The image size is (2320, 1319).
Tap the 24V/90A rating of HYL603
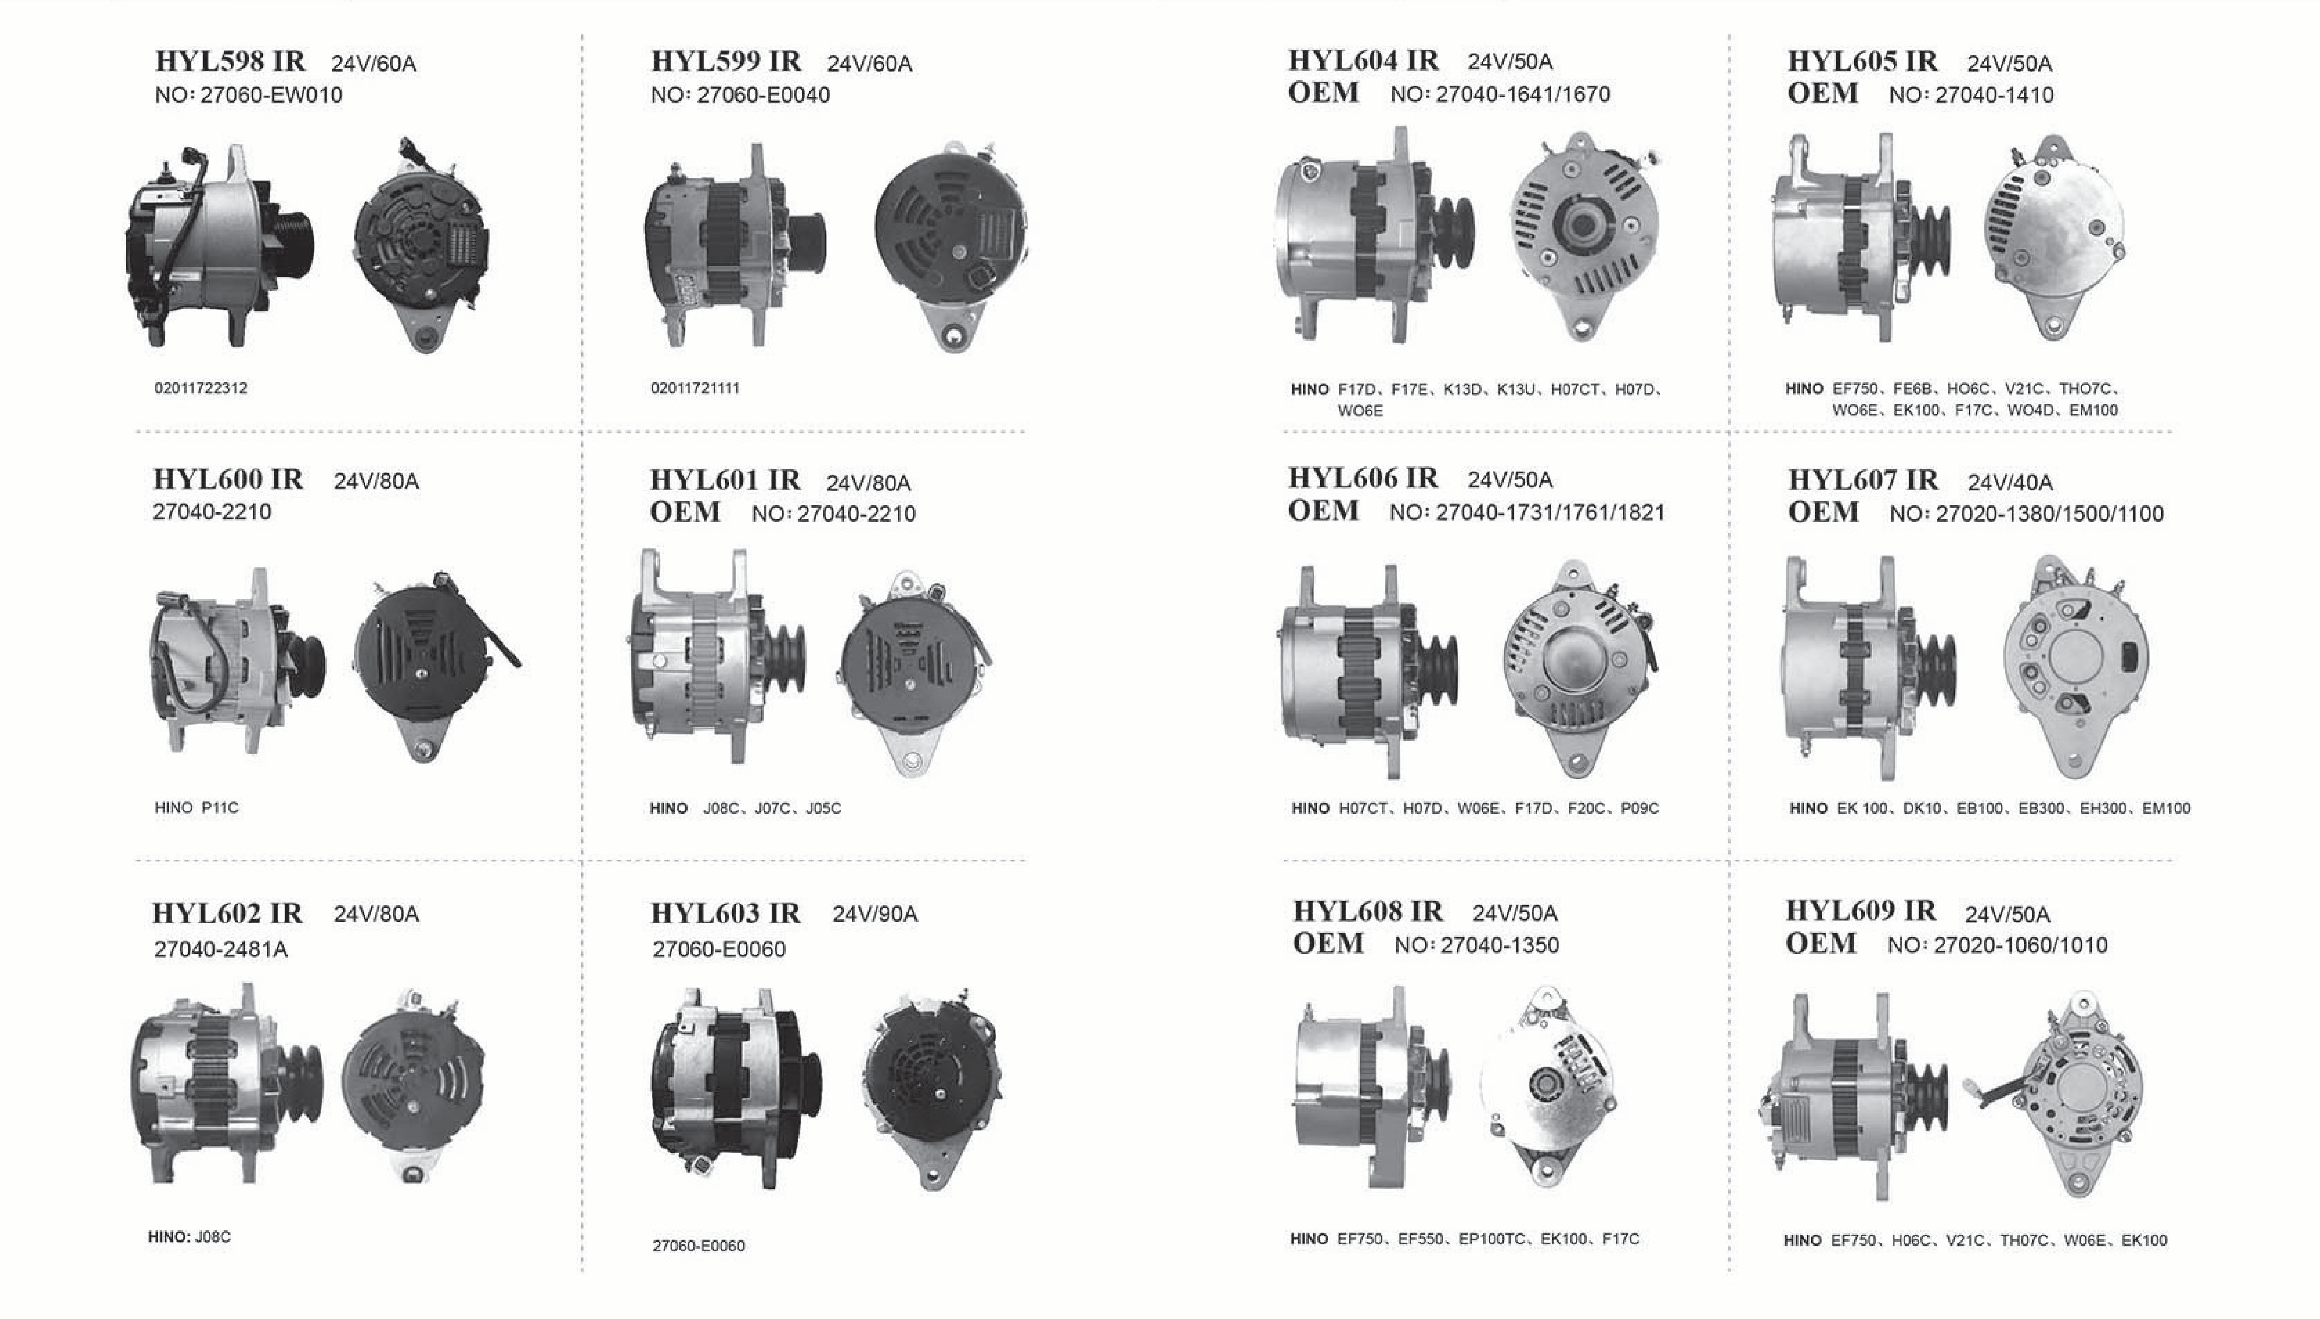click(x=875, y=914)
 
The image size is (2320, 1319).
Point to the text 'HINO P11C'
click(x=197, y=807)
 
